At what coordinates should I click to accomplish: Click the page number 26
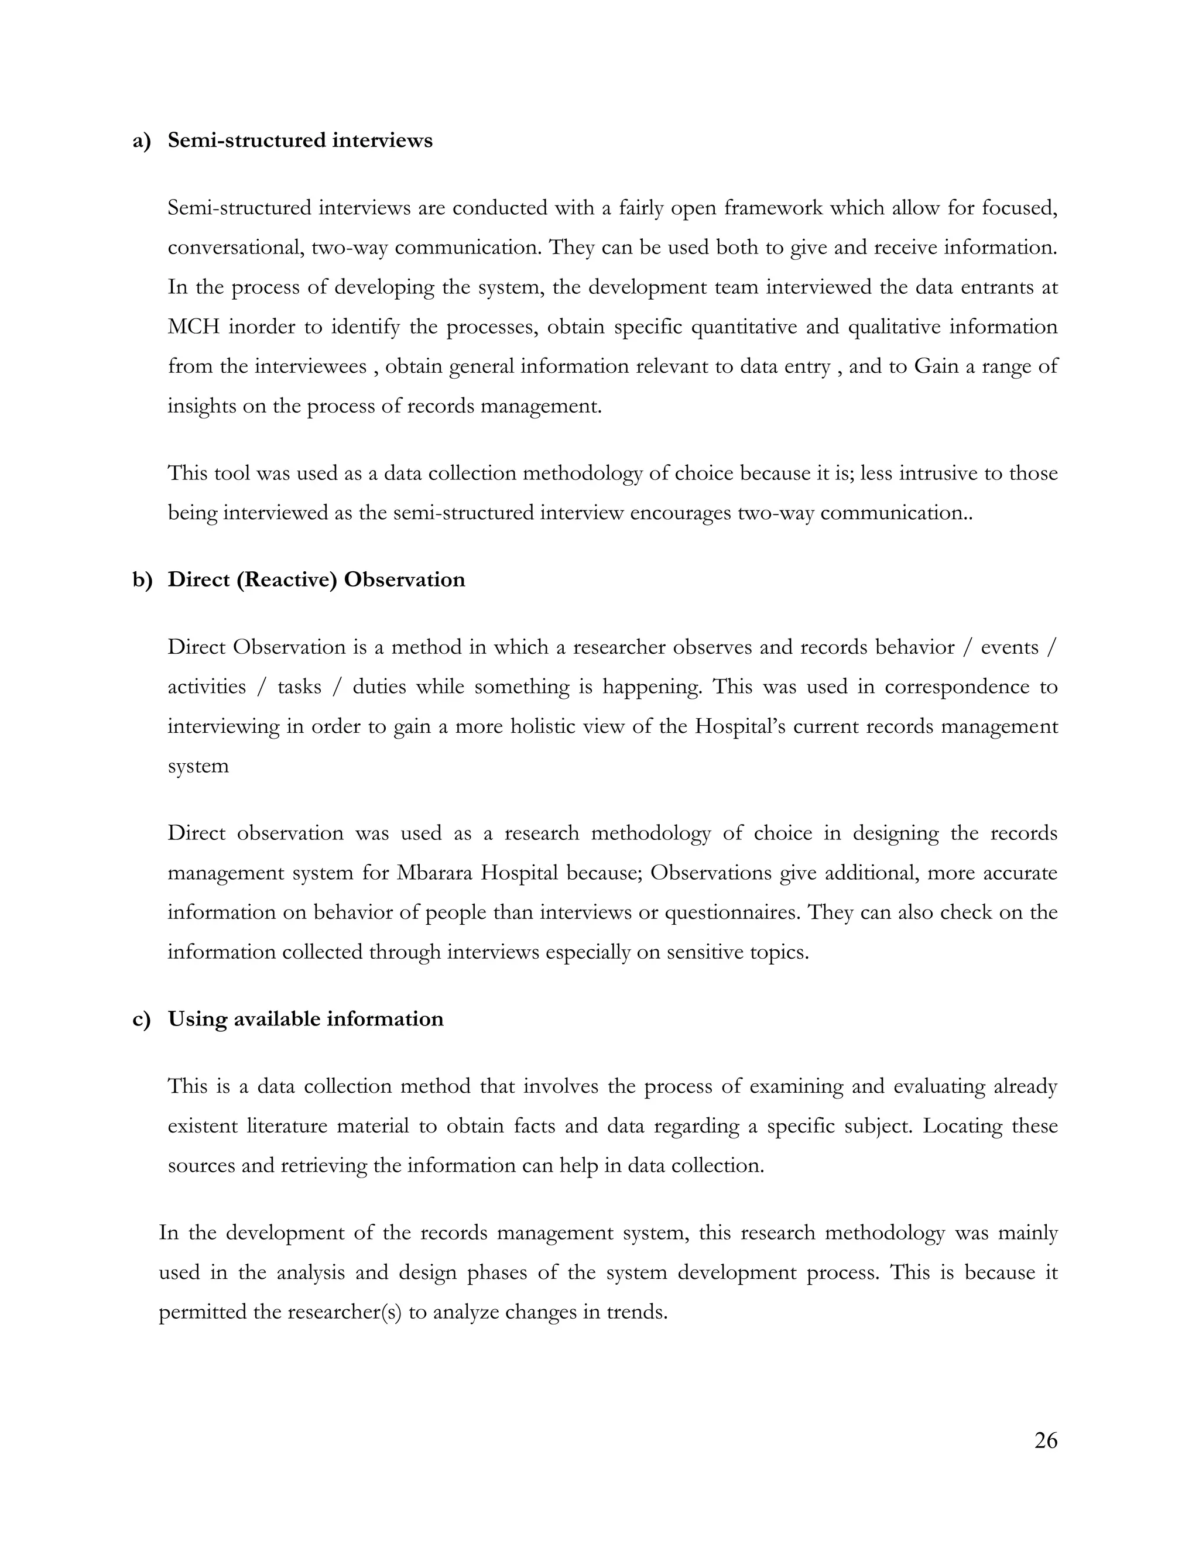tap(1046, 1440)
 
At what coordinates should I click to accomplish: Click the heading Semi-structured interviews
tap(300, 140)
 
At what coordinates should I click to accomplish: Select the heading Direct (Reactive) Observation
tap(316, 579)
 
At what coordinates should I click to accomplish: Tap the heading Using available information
tap(306, 1019)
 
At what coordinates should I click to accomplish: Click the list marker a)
tap(142, 140)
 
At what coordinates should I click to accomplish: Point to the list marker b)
tap(142, 579)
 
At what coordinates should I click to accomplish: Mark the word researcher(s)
tap(344, 1312)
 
